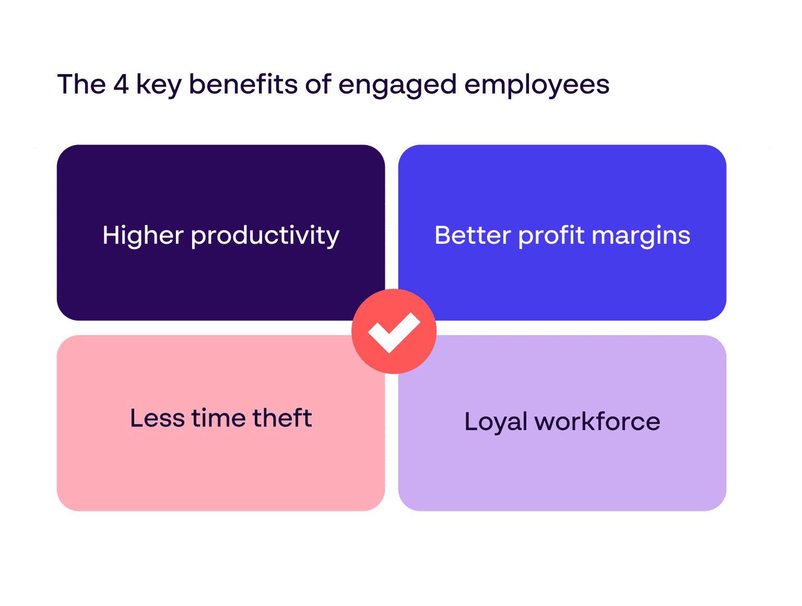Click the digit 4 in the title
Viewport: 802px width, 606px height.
[121, 85]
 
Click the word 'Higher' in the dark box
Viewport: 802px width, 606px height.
[143, 236]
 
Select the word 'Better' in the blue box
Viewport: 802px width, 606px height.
[473, 235]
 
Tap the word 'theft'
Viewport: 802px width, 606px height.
[282, 418]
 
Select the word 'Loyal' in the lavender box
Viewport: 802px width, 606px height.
[496, 422]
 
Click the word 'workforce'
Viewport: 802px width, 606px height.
[597, 422]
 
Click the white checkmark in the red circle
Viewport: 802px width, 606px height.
[394, 332]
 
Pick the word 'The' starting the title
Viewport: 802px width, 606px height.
[81, 85]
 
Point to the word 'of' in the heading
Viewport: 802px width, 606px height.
[318, 85]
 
